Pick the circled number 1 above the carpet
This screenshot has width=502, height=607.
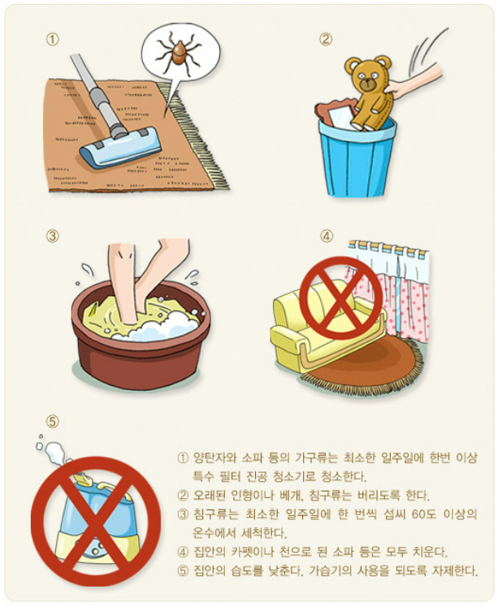coord(53,40)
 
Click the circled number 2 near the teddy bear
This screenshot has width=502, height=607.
coord(326,39)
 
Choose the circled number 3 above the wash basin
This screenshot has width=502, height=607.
coord(53,236)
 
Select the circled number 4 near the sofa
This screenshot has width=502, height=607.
coord(327,236)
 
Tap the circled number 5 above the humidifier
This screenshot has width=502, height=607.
coord(53,421)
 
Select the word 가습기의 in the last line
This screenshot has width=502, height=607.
coord(330,571)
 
